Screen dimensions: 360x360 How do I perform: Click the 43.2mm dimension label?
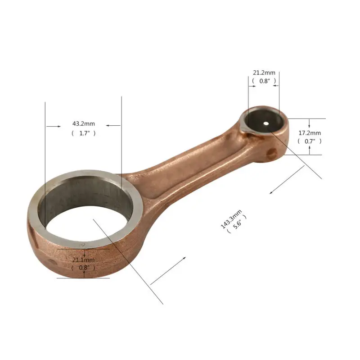point(84,123)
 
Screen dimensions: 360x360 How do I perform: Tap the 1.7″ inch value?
point(84,133)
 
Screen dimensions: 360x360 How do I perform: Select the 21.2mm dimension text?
point(264,73)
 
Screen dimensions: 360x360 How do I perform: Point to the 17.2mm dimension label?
point(310,133)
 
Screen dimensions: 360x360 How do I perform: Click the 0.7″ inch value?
point(310,141)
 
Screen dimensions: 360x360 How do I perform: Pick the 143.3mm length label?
point(231,219)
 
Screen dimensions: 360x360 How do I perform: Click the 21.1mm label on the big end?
point(83,260)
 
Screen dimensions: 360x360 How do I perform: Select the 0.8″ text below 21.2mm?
point(265,81)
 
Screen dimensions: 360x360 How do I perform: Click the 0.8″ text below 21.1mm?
point(84,268)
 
